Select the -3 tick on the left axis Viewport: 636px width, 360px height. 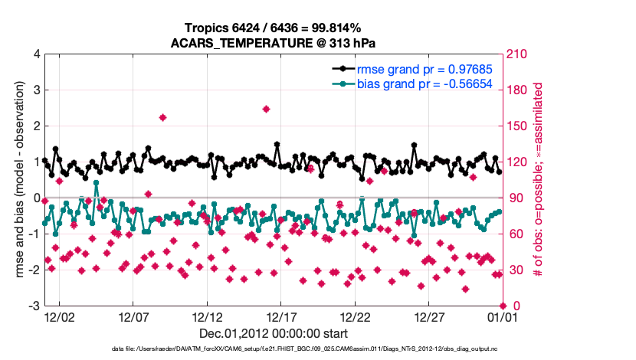34,306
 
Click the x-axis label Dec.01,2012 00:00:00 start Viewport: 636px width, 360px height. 273,333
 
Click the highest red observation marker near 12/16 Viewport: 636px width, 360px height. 266,109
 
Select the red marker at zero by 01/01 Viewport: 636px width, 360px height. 503,306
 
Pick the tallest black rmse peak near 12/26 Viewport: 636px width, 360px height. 414,145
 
